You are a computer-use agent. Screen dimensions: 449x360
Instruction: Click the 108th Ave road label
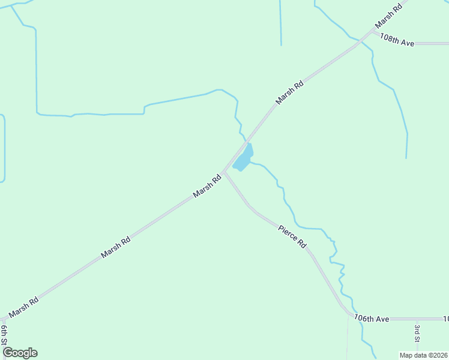click(x=397, y=40)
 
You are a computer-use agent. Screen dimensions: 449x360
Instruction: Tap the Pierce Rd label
click(x=293, y=236)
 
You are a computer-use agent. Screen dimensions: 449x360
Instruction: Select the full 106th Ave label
click(x=372, y=319)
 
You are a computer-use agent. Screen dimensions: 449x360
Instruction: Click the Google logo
click(x=20, y=353)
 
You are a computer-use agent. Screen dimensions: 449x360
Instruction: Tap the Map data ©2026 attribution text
click(x=424, y=355)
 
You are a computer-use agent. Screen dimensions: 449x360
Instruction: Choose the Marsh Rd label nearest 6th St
click(x=24, y=308)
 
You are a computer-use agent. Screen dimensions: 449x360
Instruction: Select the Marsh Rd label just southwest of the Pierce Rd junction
click(x=207, y=187)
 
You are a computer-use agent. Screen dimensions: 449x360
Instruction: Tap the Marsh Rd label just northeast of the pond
click(x=290, y=93)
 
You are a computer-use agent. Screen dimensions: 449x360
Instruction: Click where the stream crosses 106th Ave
click(x=360, y=319)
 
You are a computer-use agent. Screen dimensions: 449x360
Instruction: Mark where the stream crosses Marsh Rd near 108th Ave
click(x=359, y=41)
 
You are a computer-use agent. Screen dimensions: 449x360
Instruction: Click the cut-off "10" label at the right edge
click(x=445, y=319)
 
